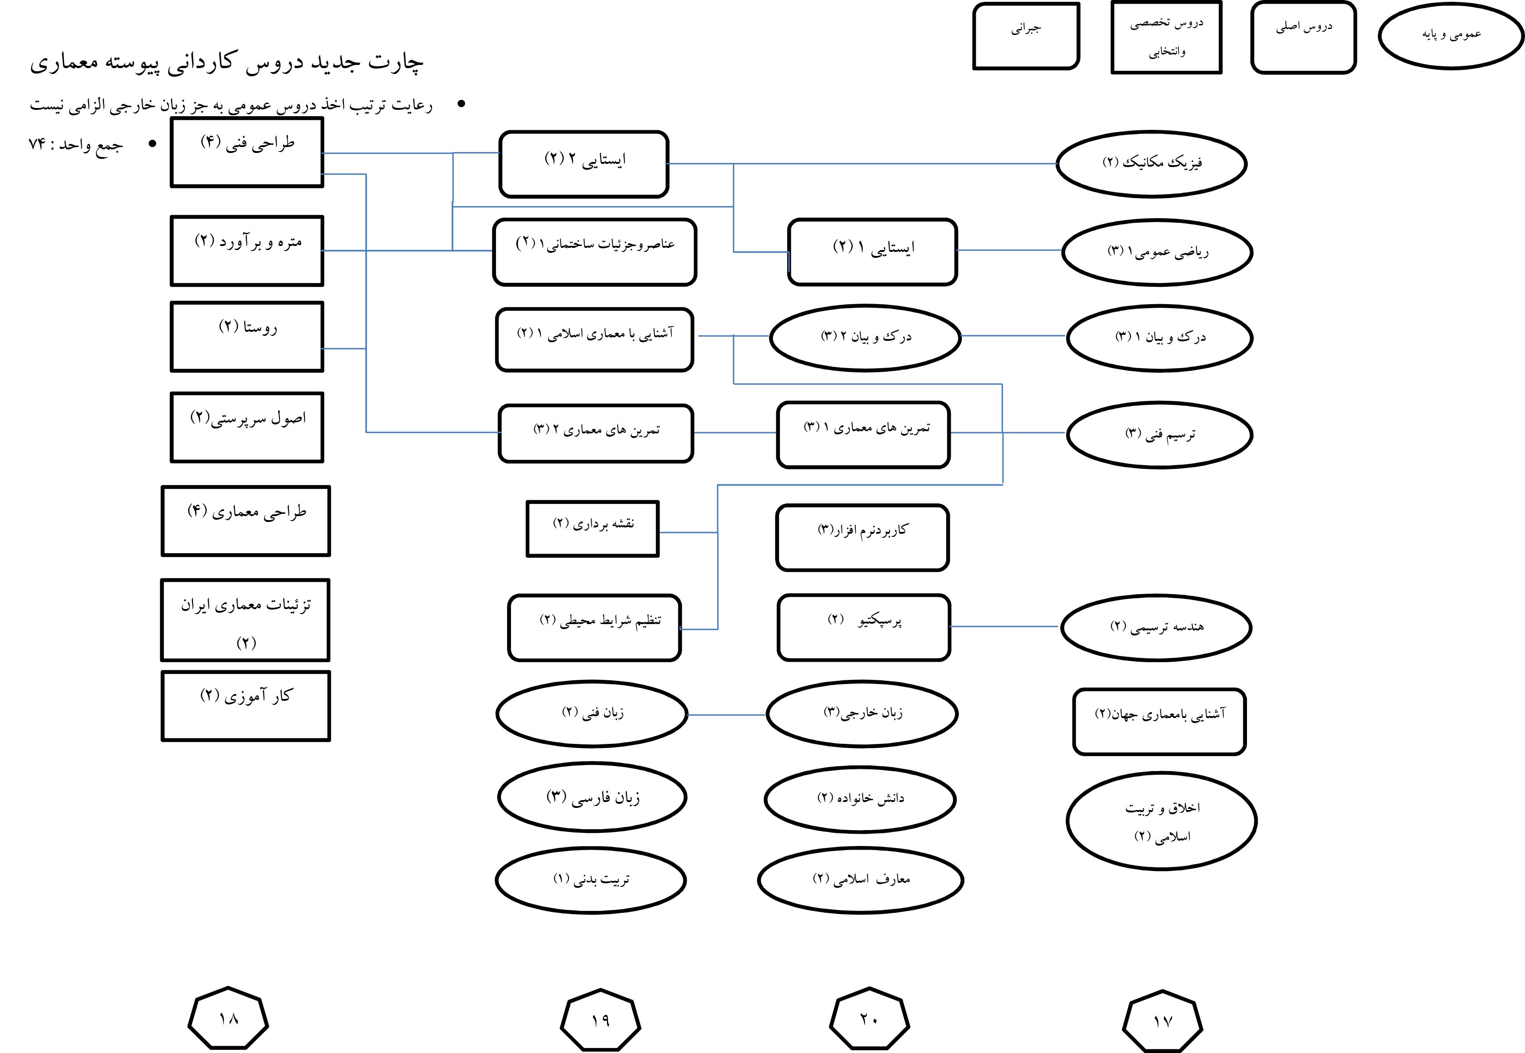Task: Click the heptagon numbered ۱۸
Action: click(x=229, y=1019)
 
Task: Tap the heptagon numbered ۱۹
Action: click(x=600, y=1020)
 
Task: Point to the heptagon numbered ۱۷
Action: click(x=1162, y=1021)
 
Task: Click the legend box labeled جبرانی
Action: click(x=1025, y=35)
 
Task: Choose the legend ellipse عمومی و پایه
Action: click(x=1451, y=35)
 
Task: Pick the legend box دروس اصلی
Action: click(x=1303, y=37)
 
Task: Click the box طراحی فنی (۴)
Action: click(x=247, y=153)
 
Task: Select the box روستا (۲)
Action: click(x=247, y=336)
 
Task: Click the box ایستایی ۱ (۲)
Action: click(x=872, y=251)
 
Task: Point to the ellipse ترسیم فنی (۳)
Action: click(x=1159, y=434)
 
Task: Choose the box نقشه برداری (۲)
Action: click(x=592, y=528)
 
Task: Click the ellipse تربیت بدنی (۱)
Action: click(x=591, y=880)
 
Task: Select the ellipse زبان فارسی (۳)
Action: click(x=592, y=797)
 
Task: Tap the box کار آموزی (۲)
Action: click(x=246, y=706)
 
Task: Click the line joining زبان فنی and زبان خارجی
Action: click(x=726, y=714)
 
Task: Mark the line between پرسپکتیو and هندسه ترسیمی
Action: click(x=1005, y=626)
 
